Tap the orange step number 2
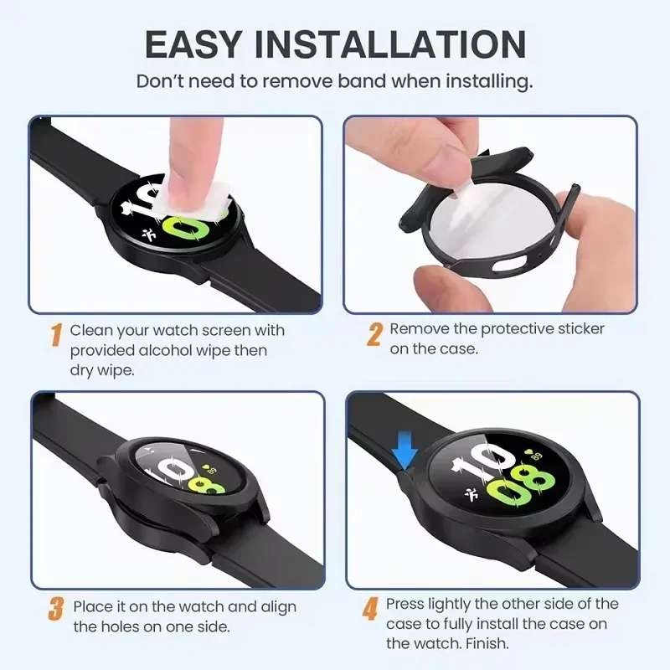click(374, 335)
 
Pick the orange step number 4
click(369, 610)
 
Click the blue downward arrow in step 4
click(405, 456)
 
